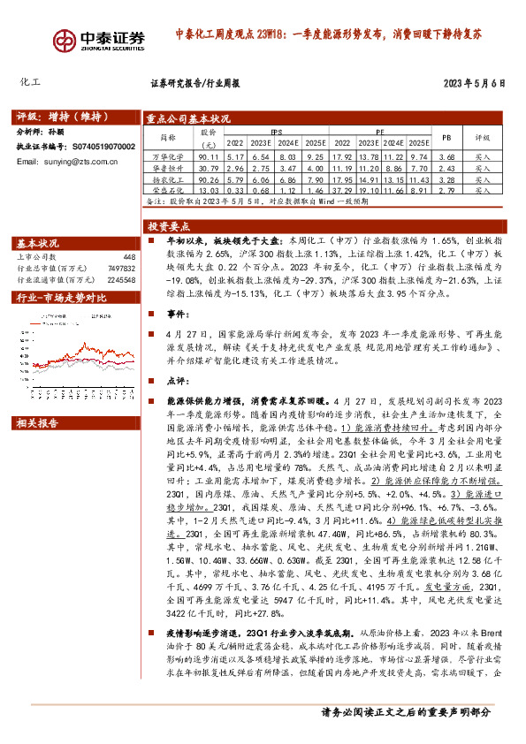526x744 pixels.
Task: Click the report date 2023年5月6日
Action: tap(473, 84)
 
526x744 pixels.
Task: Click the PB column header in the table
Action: tap(446, 138)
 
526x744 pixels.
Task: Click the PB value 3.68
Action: tap(446, 156)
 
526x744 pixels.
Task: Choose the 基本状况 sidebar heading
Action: tap(40, 243)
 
